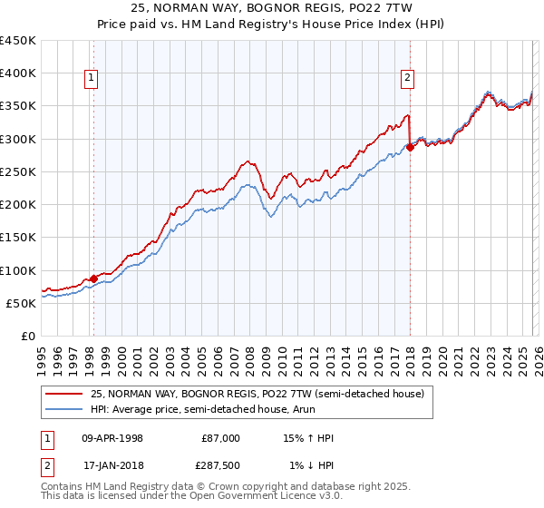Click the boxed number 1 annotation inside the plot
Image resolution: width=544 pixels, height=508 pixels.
point(92,79)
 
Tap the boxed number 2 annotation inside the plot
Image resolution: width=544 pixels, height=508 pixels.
point(408,79)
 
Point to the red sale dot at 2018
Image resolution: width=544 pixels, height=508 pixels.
point(410,148)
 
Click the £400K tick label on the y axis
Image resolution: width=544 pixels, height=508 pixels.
point(18,73)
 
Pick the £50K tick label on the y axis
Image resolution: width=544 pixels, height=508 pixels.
point(22,303)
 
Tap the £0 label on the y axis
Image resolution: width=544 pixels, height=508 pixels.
point(28,336)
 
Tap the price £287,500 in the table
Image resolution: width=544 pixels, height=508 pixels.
point(220,465)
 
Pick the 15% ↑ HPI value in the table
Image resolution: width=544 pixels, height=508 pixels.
point(309,438)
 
